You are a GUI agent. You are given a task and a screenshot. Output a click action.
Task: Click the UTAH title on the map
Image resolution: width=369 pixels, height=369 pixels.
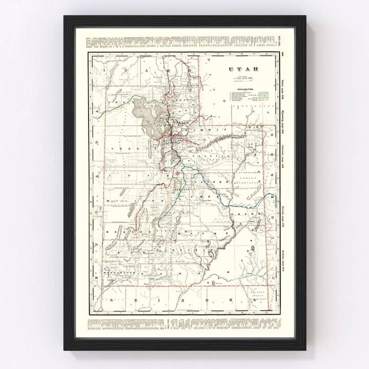pyautogui.click(x=244, y=69)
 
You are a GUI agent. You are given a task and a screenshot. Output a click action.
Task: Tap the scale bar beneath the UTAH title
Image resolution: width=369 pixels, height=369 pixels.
pyautogui.click(x=244, y=78)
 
